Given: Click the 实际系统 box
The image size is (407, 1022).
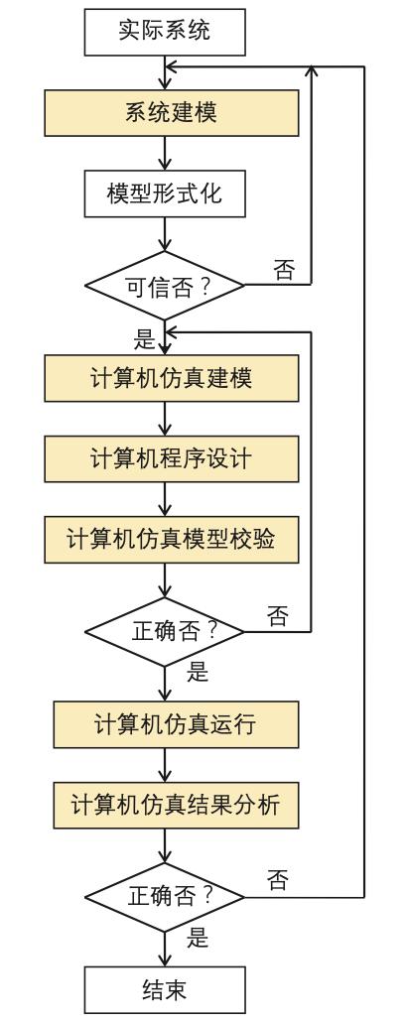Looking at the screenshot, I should coord(165,33).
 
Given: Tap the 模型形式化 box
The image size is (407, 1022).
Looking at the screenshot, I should coord(165,193).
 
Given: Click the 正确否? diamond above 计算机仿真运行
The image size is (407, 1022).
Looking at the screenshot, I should coord(165,631).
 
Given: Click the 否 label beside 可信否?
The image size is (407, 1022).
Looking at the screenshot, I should coord(284,270).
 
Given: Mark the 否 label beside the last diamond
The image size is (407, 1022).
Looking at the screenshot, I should coord(279,880).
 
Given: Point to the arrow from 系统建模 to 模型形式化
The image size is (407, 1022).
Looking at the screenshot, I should coord(165,153).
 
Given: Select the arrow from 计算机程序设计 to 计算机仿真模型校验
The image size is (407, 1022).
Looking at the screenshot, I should coord(165,498).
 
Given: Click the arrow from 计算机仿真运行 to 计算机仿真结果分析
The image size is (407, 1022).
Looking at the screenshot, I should coord(165,763).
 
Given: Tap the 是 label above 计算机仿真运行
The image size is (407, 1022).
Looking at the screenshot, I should coord(198,672).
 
